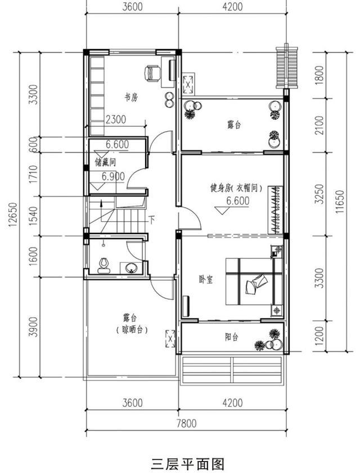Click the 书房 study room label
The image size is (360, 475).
click(x=132, y=97)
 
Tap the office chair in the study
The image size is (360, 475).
click(x=152, y=74)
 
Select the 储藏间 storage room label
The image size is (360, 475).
click(x=105, y=163)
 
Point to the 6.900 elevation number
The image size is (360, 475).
click(x=113, y=176)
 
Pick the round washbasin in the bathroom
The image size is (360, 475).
click(x=131, y=267)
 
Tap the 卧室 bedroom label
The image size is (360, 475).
click(x=205, y=279)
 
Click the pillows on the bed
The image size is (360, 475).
click(x=256, y=284)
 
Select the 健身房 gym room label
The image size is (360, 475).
click(x=220, y=188)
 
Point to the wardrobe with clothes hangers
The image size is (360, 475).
click(x=275, y=210)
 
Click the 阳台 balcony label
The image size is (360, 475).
click(x=232, y=337)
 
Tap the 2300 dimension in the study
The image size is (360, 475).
click(x=116, y=119)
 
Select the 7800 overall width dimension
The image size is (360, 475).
click(x=186, y=423)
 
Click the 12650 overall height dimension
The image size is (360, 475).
click(x=13, y=215)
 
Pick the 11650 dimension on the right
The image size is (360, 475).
click(x=340, y=201)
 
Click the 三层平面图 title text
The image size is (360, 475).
click(x=188, y=464)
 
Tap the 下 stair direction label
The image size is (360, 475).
click(x=151, y=219)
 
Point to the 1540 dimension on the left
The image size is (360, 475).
click(x=34, y=216)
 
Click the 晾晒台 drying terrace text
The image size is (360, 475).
click(x=132, y=330)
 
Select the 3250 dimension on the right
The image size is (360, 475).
click(x=319, y=194)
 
